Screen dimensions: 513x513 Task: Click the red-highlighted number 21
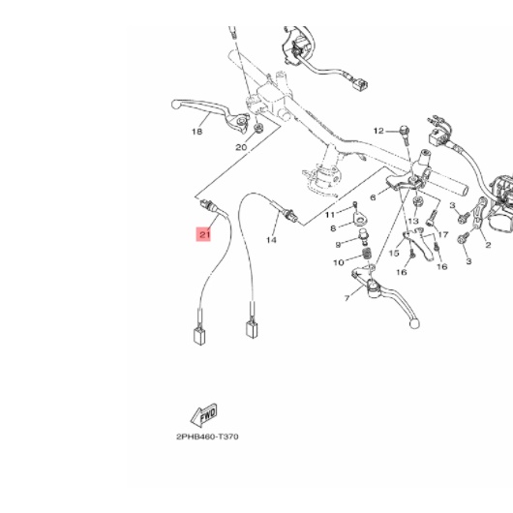tap(203, 234)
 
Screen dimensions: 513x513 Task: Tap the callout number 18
tap(196, 132)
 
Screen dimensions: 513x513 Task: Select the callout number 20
tap(241, 147)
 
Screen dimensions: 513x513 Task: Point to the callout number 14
tap(271, 240)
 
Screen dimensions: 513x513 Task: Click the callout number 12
tap(378, 131)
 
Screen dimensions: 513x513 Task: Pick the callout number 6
tap(373, 197)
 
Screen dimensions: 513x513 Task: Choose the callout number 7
tap(347, 298)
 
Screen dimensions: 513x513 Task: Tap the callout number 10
tap(333, 228)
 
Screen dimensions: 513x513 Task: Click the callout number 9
tap(338, 245)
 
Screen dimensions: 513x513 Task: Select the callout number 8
tap(339, 262)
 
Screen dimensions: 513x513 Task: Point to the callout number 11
tap(330, 215)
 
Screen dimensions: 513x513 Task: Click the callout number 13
tap(413, 222)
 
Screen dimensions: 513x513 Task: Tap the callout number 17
tap(443, 234)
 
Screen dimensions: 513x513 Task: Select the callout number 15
tap(394, 254)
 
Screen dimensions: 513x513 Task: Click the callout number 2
tap(488, 245)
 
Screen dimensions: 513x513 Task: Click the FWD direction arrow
tap(203, 415)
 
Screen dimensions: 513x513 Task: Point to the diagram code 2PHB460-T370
tap(207, 437)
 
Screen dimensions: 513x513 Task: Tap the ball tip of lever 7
tap(414, 324)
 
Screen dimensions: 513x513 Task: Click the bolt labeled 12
tap(405, 136)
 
